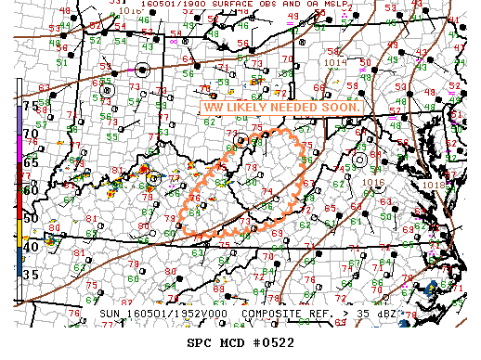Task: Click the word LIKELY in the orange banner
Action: pos(246,109)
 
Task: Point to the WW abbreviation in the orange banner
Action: pos(214,109)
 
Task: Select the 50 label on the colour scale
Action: pos(31,218)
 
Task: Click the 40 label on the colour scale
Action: pos(31,247)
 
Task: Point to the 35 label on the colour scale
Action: pos(31,275)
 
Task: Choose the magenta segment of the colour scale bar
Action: pos(19,139)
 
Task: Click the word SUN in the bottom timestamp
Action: pos(110,315)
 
